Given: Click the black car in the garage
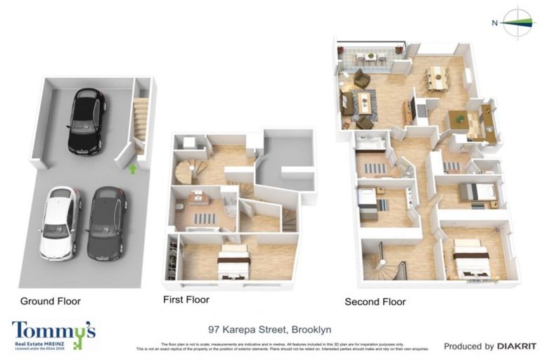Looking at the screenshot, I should point(87,121).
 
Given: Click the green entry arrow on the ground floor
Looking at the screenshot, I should point(132,169).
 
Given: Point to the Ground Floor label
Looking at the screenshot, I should point(50,301).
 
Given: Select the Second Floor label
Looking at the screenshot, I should point(375,302).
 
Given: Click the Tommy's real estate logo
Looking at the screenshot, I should point(53,334).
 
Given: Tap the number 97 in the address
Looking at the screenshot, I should point(214,329).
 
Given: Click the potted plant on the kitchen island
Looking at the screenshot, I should point(460,119).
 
